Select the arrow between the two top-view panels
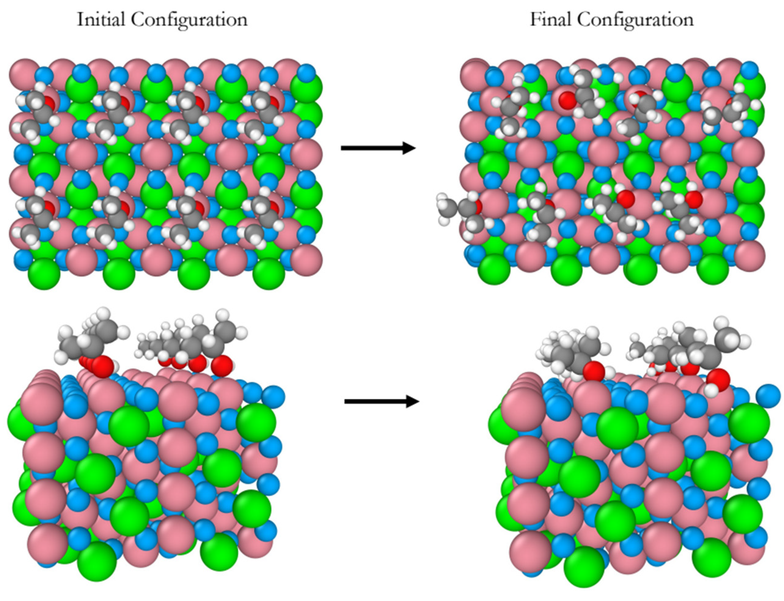tap(378, 148)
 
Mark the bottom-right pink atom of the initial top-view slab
tap(306, 260)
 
